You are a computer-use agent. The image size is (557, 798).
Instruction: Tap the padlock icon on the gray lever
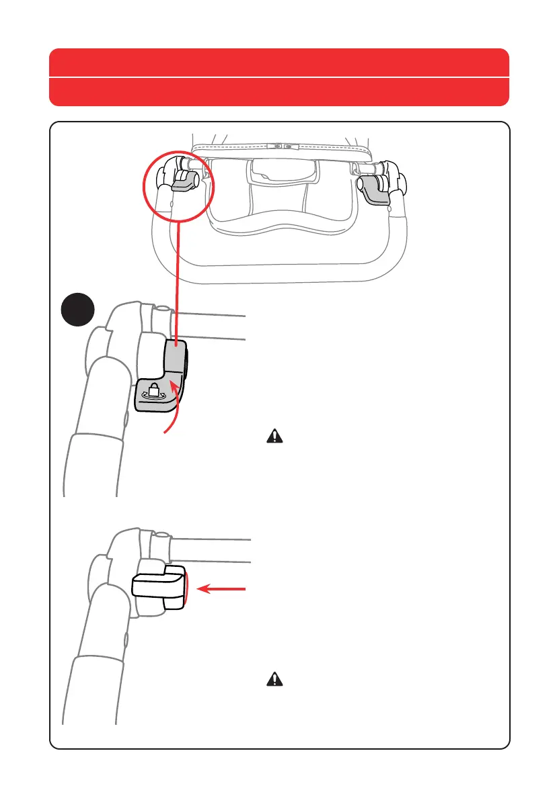[x=152, y=391]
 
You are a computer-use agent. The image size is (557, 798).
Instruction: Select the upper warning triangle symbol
[x=275, y=437]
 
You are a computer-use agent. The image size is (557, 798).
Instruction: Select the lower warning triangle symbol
[x=275, y=680]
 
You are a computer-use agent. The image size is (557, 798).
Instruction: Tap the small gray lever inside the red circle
[x=183, y=181]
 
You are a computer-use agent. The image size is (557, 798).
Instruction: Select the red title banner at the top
[x=278, y=62]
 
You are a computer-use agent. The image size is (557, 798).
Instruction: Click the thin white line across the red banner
[x=278, y=78]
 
